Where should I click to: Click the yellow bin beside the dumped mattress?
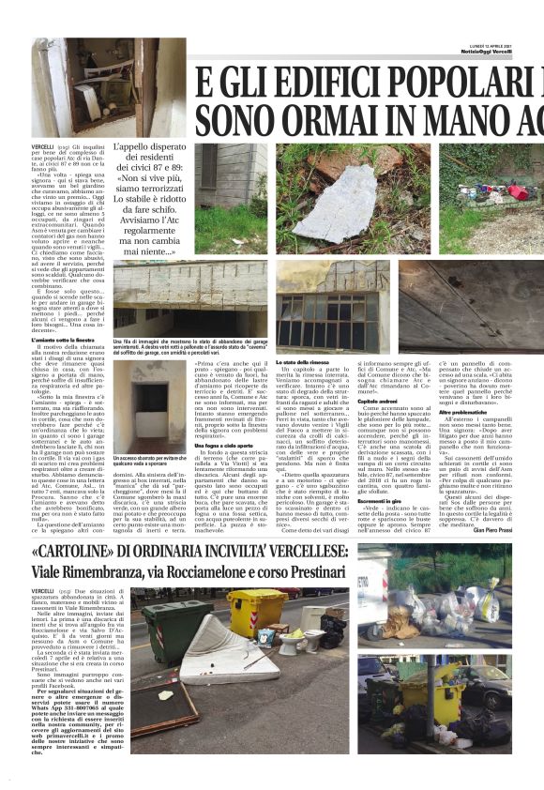[256, 614]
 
